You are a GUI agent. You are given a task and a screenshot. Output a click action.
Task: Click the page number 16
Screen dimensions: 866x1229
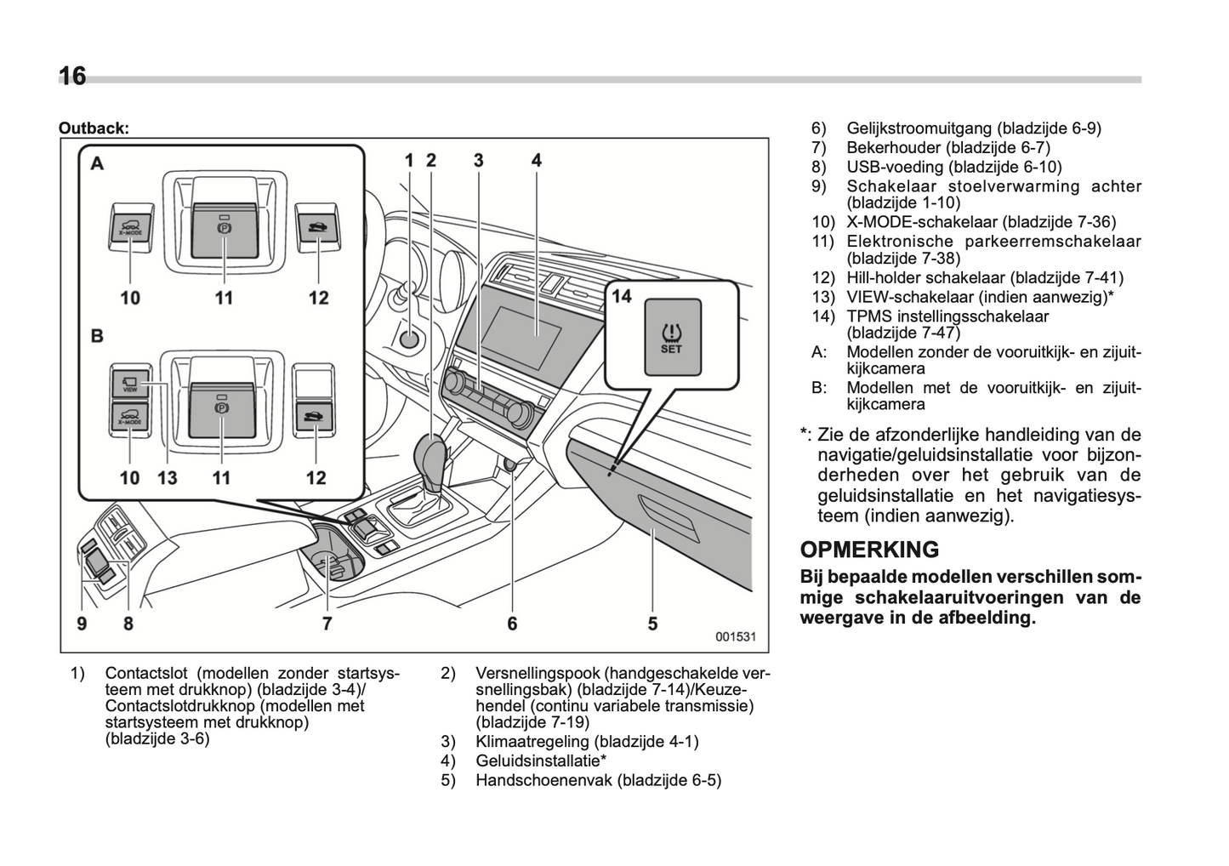tap(72, 77)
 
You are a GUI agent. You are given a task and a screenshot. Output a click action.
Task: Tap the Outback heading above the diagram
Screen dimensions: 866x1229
tap(94, 128)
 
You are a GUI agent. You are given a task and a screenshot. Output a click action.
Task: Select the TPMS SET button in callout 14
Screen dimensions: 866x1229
tap(672, 337)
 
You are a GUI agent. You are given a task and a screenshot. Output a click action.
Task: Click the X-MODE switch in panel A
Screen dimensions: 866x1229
tap(131, 229)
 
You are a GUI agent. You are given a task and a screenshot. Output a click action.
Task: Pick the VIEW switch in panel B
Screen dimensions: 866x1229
tap(130, 384)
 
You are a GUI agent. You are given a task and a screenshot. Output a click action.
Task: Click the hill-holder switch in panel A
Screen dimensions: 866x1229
tap(316, 228)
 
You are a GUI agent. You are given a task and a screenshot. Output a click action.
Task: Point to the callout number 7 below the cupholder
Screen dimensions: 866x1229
tap(327, 624)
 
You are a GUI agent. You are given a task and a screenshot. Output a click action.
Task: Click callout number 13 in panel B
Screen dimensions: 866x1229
tap(168, 478)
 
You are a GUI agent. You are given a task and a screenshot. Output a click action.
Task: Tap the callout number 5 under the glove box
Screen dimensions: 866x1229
tap(652, 624)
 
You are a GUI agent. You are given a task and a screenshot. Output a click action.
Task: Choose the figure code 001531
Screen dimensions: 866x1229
tap(736, 636)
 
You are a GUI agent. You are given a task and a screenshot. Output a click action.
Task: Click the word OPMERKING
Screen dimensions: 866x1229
tap(869, 550)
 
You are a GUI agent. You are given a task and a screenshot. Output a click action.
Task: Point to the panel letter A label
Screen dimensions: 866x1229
tap(99, 162)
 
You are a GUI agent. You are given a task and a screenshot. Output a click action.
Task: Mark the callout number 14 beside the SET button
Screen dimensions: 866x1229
tap(622, 296)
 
